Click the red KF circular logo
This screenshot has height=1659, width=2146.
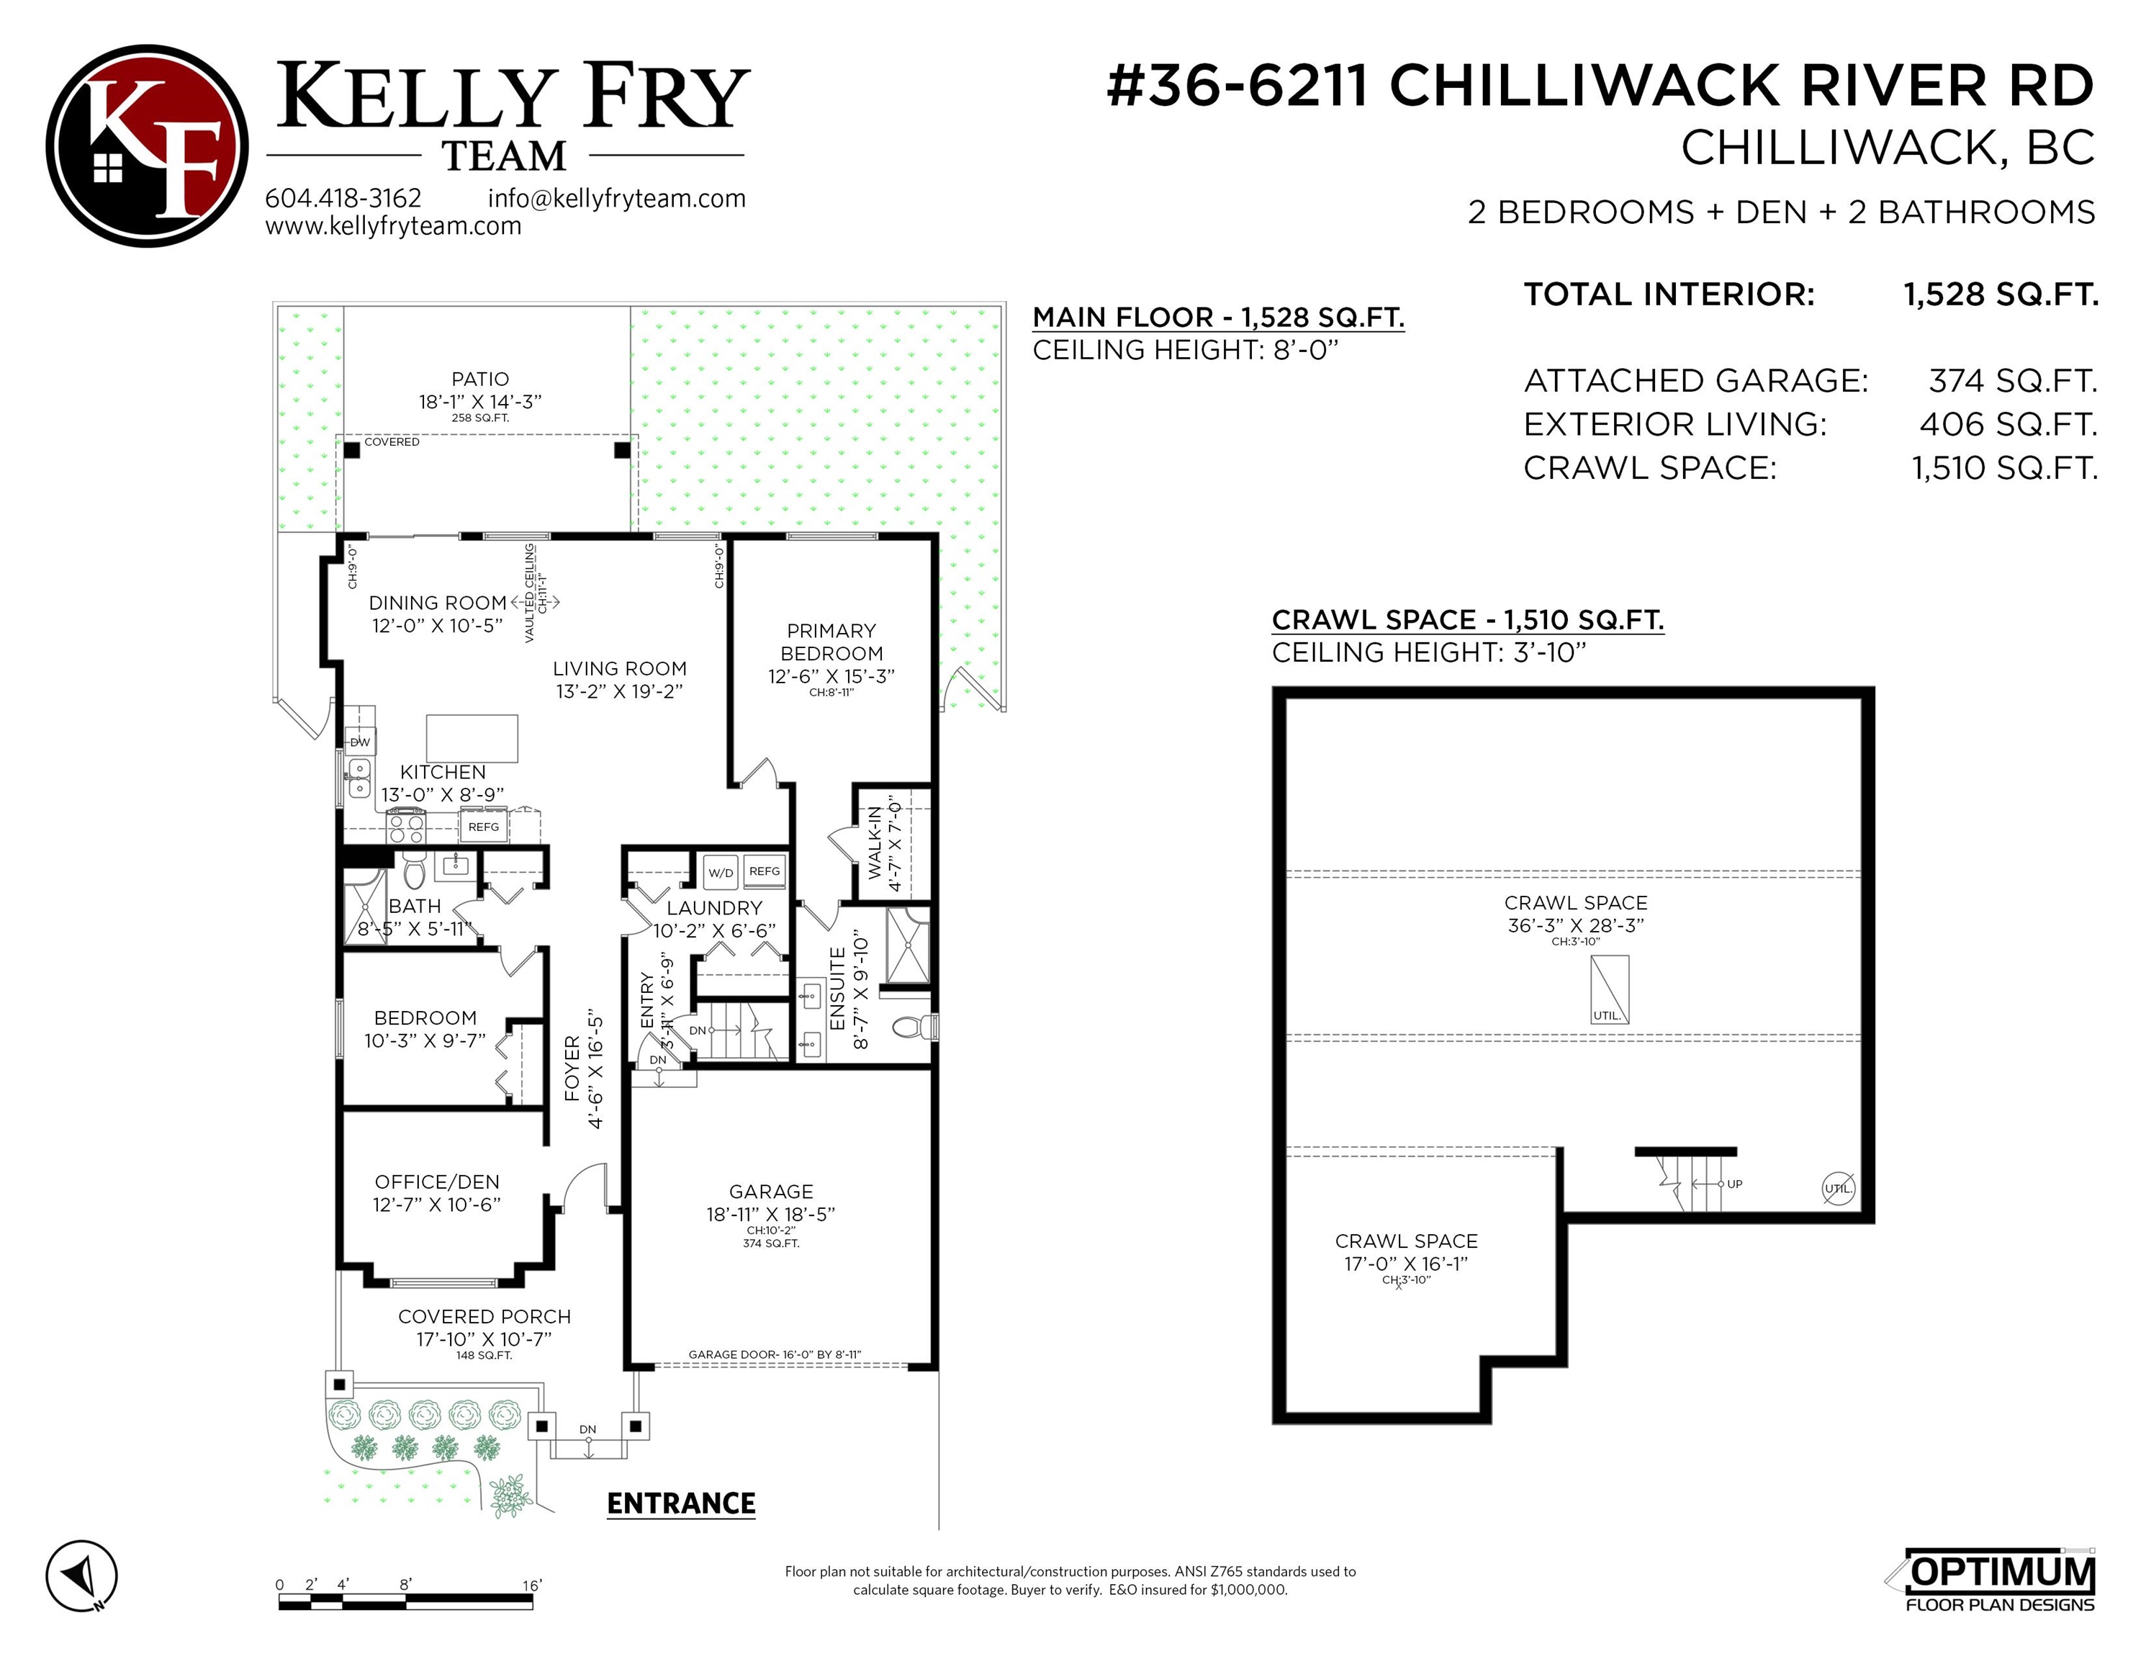coord(148,145)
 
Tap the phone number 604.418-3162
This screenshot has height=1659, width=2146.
coord(343,199)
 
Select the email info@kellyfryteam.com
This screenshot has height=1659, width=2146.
coord(617,199)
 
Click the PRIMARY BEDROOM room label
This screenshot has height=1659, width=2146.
coord(831,642)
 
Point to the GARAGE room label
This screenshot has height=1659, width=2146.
coord(771,1191)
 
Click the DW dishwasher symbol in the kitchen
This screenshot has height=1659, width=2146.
coord(361,742)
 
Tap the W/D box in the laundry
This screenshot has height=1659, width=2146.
coord(721,872)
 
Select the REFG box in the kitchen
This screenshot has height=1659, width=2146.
coord(484,827)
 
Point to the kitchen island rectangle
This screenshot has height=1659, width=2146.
coord(472,738)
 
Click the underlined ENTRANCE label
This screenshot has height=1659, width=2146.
coord(681,1503)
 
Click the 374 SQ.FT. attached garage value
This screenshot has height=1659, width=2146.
coord(2012,380)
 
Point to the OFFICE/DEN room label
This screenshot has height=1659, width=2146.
coord(437,1182)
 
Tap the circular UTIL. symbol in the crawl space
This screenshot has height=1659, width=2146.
coord(1839,1188)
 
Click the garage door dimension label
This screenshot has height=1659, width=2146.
coord(775,1354)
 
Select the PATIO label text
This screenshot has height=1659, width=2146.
coord(480,379)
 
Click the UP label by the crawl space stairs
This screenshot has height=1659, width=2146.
coord(1735,1184)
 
